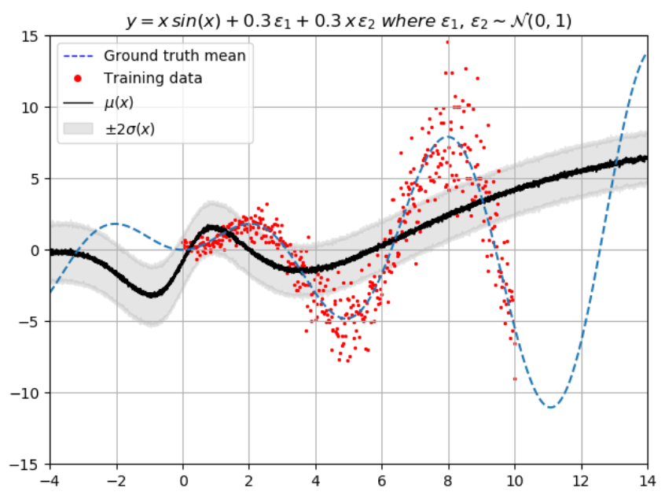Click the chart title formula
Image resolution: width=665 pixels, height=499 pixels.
click(x=348, y=22)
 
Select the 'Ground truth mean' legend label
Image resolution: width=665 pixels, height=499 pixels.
click(x=175, y=56)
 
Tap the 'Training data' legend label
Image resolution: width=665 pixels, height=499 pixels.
click(x=153, y=79)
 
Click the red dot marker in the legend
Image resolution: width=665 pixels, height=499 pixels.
click(x=78, y=79)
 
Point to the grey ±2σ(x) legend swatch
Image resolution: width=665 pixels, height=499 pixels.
click(x=78, y=128)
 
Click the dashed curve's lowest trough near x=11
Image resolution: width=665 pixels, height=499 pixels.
click(x=551, y=407)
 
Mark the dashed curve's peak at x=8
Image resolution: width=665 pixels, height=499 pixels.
click(x=448, y=137)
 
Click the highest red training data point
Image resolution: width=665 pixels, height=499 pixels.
click(x=448, y=42)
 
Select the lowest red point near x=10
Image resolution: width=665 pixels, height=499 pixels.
click(x=515, y=379)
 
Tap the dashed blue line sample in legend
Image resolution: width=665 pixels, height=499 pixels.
click(x=78, y=56)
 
